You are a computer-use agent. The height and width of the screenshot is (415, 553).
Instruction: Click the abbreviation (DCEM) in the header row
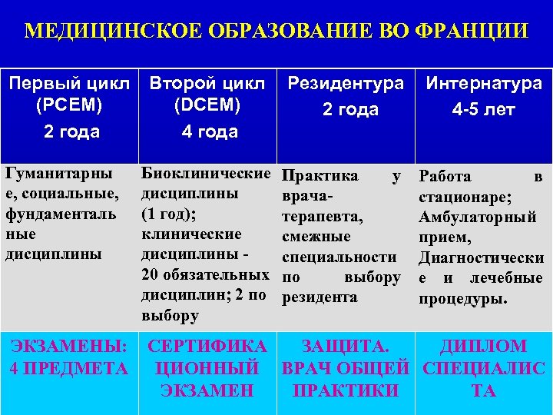[210, 106]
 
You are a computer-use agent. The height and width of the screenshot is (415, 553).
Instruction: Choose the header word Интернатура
[484, 84]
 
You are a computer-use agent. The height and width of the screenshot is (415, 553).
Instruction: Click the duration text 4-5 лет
[483, 109]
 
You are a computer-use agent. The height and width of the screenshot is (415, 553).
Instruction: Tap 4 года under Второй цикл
[210, 131]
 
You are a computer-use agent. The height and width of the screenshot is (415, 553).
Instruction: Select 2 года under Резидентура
[350, 109]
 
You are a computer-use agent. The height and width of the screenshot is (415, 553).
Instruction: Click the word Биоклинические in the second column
[207, 175]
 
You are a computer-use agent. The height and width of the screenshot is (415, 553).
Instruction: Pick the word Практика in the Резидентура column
[320, 176]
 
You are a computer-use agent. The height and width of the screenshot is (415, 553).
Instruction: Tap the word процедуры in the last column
[462, 297]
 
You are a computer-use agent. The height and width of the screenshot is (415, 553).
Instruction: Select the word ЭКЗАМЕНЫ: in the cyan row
[68, 346]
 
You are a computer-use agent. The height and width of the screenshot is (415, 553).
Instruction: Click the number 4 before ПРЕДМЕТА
[15, 368]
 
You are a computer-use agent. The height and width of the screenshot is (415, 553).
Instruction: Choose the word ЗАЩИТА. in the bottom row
[346, 346]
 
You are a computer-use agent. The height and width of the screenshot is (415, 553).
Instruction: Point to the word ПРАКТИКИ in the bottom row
[346, 390]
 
